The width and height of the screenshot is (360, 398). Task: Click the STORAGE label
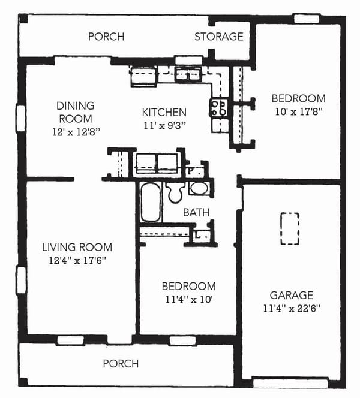pyautogui.click(x=219, y=37)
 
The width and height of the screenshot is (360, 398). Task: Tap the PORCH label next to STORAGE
pyautogui.click(x=106, y=37)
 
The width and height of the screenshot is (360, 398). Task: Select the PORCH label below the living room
pyautogui.click(x=121, y=364)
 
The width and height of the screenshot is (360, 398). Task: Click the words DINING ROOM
pyautogui.click(x=76, y=112)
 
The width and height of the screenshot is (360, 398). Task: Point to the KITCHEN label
pyautogui.click(x=164, y=113)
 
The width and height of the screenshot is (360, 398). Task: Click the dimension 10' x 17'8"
pyautogui.click(x=298, y=111)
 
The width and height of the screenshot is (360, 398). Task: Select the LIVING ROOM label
pyautogui.click(x=77, y=247)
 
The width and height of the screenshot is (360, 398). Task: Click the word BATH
pyautogui.click(x=196, y=212)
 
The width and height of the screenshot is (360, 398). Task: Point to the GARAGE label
pyautogui.click(x=291, y=295)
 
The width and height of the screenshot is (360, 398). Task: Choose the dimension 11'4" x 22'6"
pyautogui.click(x=291, y=309)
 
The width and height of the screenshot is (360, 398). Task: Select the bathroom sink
pyautogui.click(x=199, y=188)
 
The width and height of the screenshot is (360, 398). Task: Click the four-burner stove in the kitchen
pyautogui.click(x=218, y=108)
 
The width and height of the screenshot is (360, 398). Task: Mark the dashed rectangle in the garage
pyautogui.click(x=290, y=228)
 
